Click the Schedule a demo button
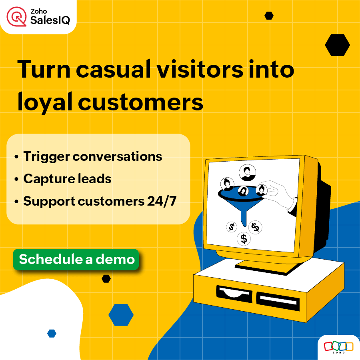click(x=76, y=259)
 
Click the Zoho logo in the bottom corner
click(x=339, y=347)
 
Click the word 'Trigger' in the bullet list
click(x=45, y=156)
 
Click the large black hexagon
click(x=337, y=45)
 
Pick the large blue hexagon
click(x=121, y=314)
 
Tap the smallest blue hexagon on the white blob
click(x=52, y=333)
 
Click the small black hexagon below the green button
click(x=106, y=279)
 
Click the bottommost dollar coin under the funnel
click(x=243, y=239)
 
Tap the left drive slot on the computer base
click(x=234, y=292)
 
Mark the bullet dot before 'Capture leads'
click(x=16, y=179)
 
